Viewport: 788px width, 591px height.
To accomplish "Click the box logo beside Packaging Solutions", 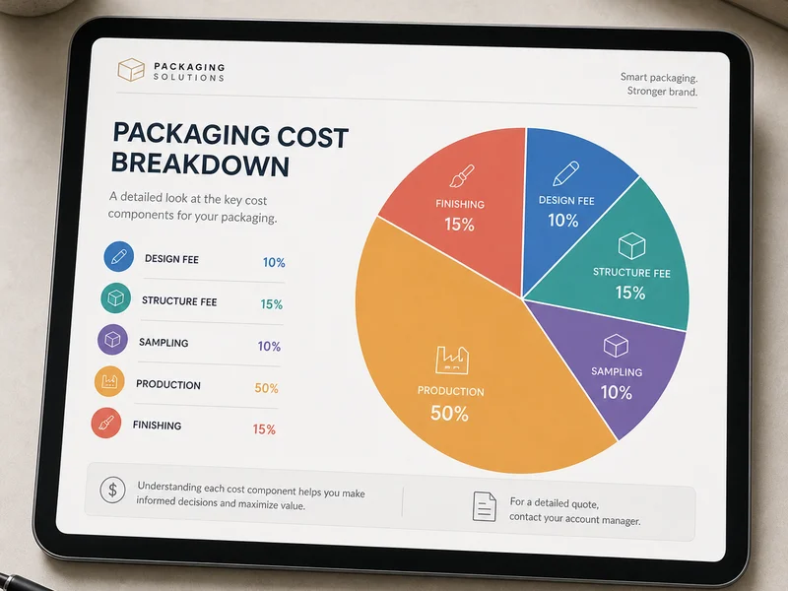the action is [x=131, y=70].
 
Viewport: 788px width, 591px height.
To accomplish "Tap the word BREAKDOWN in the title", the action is [x=200, y=164].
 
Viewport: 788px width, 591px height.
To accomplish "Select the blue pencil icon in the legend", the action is [x=118, y=256].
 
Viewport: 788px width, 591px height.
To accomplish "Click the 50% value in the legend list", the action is [x=266, y=388].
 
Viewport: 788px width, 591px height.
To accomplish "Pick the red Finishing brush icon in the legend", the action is [x=106, y=423].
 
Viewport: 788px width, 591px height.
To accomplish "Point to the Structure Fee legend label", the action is [x=179, y=301].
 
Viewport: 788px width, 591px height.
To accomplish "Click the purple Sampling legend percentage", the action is [x=269, y=347].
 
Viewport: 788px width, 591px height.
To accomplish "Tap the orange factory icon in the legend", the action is [x=109, y=381].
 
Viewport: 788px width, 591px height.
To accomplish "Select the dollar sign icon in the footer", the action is [x=112, y=490].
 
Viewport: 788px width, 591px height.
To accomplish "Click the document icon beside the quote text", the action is [x=485, y=506].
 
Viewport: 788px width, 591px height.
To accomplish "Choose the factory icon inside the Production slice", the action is [x=452, y=360].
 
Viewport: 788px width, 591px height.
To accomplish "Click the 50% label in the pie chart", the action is [x=449, y=413].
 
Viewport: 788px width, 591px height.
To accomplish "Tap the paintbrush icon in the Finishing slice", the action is [x=462, y=176].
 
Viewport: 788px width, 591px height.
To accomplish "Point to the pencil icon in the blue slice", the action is [x=565, y=173].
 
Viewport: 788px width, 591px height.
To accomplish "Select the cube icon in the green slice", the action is [x=631, y=245].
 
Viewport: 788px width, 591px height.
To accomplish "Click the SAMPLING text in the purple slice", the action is [x=617, y=372].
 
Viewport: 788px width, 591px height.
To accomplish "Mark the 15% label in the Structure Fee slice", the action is [x=630, y=293].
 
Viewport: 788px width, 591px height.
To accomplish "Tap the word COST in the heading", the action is [x=312, y=137].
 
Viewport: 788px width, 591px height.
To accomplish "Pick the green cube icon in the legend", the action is [x=115, y=298].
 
